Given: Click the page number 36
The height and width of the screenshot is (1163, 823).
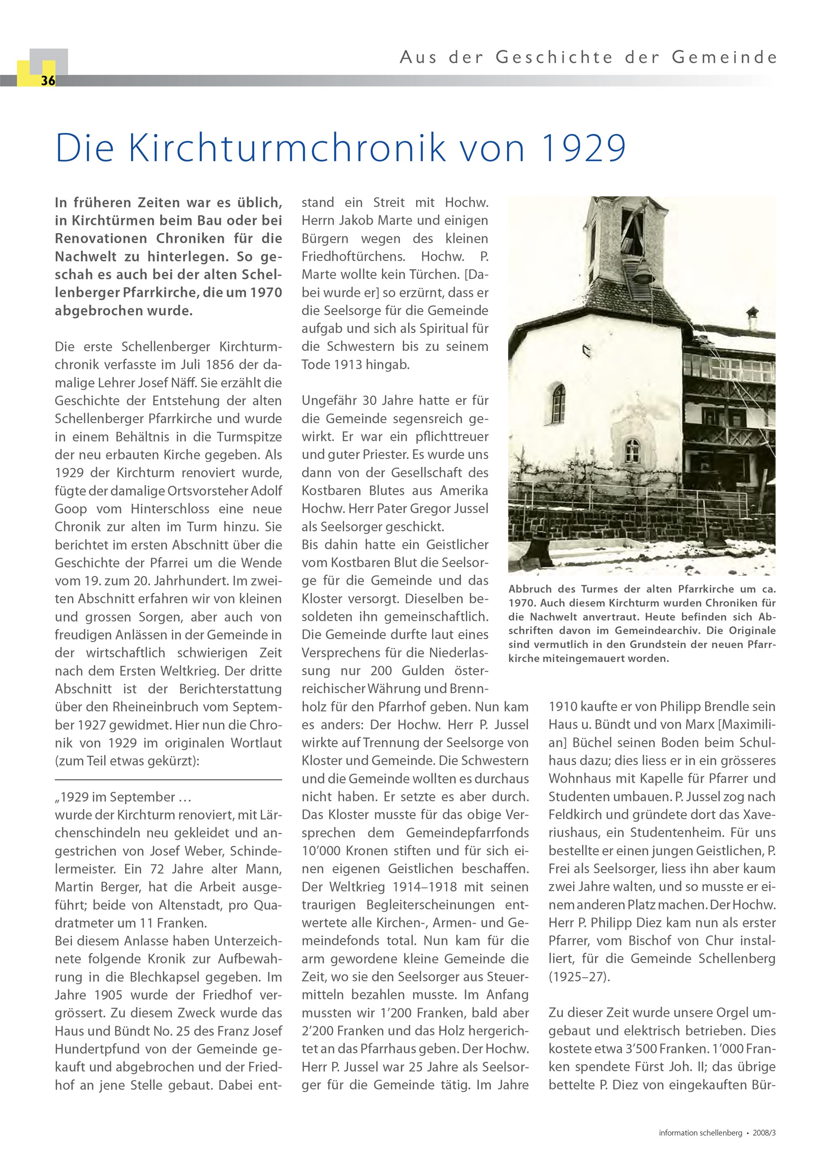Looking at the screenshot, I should [48, 81].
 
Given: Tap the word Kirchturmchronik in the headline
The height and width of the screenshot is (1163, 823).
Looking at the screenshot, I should [287, 148].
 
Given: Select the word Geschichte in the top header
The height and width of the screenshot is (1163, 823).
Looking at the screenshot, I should [554, 57].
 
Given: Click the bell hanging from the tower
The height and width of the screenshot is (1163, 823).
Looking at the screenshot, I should [643, 274].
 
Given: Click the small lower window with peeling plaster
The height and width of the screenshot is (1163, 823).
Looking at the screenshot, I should [632, 450].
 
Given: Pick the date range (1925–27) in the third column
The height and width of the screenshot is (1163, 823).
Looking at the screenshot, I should [579, 977].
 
